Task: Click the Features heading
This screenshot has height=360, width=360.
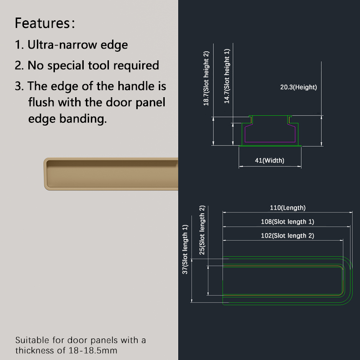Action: [45, 23]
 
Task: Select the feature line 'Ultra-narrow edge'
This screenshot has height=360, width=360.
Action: [77, 45]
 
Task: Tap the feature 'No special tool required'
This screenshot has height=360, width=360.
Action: [93, 65]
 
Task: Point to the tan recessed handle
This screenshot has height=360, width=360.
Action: [111, 174]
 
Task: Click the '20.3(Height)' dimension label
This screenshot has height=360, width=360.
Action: [298, 87]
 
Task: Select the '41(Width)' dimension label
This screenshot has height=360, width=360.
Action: [270, 160]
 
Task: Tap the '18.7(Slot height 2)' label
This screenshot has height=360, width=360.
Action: [206, 78]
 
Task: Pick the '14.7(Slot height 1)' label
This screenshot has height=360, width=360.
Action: [227, 76]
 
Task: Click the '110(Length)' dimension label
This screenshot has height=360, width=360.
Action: [288, 208]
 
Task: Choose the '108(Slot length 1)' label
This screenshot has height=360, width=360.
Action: [288, 222]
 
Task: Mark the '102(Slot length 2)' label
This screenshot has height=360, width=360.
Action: [288, 236]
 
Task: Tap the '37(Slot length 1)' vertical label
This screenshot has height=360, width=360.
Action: [185, 249]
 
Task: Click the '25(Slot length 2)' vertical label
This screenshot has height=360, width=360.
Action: [202, 230]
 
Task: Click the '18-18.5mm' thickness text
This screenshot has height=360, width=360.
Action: [93, 351]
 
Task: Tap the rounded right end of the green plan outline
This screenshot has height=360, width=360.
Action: [352, 280]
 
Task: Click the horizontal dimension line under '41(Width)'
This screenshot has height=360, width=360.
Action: [270, 166]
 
